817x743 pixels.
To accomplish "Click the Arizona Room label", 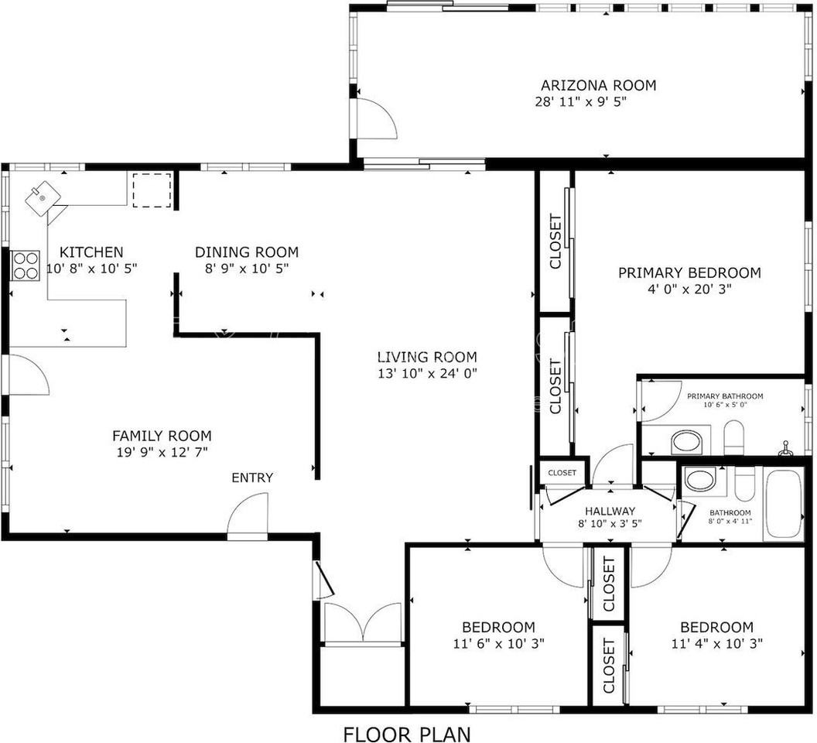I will [598, 85].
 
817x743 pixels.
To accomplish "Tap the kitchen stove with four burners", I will [26, 265].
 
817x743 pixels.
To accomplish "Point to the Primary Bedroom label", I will [689, 272].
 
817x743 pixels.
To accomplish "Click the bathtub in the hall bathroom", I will [784, 504].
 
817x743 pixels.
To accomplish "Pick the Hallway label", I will [610, 511].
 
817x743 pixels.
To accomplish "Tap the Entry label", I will [252, 478].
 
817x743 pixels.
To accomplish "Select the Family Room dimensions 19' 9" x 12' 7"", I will [162, 451].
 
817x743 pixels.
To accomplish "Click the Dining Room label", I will [246, 252].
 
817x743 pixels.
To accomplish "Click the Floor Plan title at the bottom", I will [406, 733].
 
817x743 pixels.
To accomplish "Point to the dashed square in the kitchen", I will [151, 190].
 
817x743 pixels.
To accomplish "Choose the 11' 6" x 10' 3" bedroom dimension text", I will [498, 642].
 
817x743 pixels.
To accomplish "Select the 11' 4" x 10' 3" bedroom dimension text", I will [716, 642].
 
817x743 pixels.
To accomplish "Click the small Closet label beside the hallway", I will [562, 472].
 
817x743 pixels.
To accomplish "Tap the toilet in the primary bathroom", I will [733, 438].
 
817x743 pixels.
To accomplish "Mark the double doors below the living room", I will [363, 623].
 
